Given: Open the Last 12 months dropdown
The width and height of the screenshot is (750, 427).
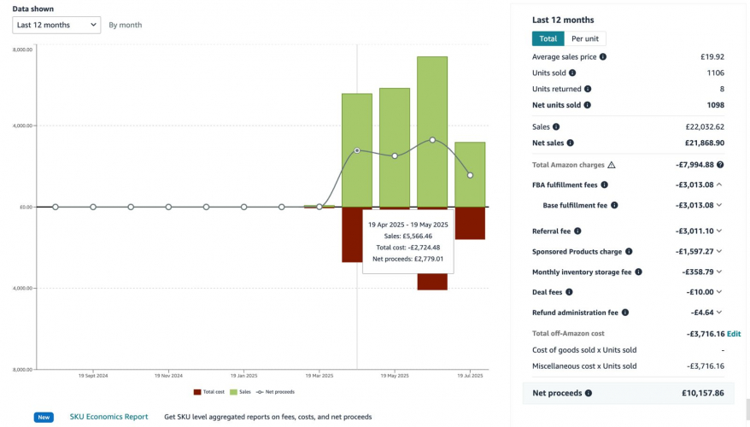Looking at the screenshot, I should click(x=56, y=25).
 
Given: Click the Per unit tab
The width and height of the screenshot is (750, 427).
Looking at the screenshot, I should click(x=585, y=38).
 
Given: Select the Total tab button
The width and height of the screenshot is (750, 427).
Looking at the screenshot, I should click(x=548, y=38).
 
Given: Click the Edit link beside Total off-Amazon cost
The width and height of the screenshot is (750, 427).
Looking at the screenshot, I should click(x=734, y=334).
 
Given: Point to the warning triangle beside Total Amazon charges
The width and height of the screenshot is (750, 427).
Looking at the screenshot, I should click(x=611, y=165).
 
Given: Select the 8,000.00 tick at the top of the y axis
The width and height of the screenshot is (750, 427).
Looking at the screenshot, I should click(x=22, y=50).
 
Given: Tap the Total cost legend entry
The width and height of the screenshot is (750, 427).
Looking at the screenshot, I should click(x=209, y=392).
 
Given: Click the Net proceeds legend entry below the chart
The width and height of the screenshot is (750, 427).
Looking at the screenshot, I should click(x=275, y=392).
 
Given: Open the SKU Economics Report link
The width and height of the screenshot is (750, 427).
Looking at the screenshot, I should click(x=108, y=417).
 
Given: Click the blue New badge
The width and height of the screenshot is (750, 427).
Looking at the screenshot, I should click(x=44, y=417).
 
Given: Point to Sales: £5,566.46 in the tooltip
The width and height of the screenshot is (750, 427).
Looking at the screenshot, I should click(x=407, y=236).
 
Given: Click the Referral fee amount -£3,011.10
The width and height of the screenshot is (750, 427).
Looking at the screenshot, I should click(x=694, y=231).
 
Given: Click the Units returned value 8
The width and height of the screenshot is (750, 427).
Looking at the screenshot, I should click(x=721, y=89).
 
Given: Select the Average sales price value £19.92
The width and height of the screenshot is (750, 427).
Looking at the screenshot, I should click(x=712, y=57).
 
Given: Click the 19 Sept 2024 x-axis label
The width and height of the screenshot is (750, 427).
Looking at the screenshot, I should click(x=93, y=375).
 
